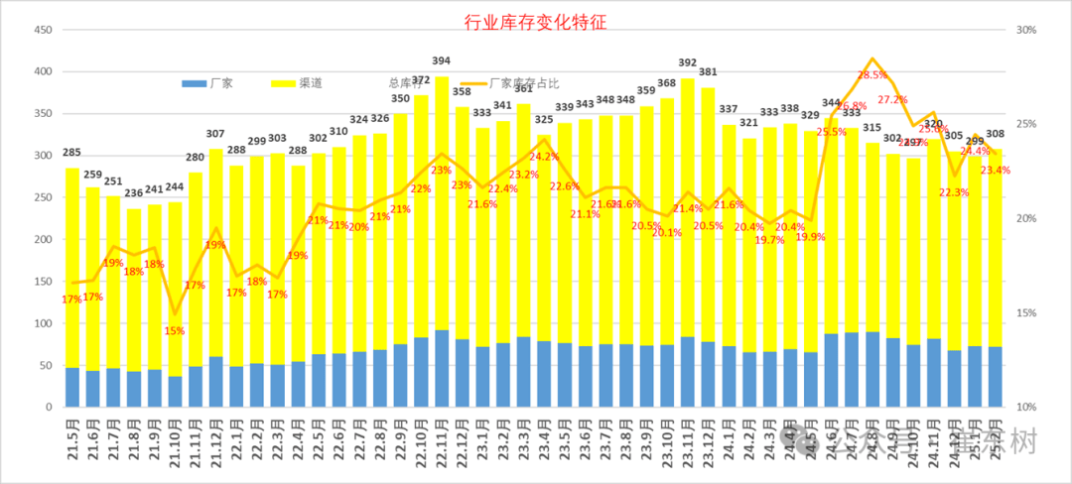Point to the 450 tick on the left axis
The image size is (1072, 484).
(43, 30)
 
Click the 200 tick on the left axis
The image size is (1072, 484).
(43, 240)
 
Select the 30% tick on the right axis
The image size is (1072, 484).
(1026, 30)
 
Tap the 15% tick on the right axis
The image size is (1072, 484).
(1026, 313)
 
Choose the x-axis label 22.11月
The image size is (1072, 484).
(443, 444)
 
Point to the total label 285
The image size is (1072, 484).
(72, 153)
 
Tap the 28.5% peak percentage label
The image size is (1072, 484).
(872, 75)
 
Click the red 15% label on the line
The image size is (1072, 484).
(175, 330)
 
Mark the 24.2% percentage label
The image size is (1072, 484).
(544, 157)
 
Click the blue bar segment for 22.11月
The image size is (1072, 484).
(442, 368)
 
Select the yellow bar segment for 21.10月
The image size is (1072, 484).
(175, 288)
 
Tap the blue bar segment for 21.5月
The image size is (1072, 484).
(72, 387)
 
